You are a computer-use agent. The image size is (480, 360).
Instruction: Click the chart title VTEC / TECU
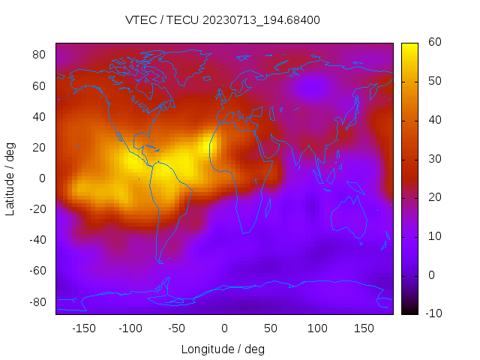click(223, 20)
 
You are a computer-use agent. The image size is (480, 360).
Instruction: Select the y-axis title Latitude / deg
click(10, 178)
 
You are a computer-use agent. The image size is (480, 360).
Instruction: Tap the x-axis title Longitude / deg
click(223, 349)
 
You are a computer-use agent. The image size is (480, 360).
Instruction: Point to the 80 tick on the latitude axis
click(40, 55)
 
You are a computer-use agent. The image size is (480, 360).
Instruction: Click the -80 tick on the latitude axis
click(37, 301)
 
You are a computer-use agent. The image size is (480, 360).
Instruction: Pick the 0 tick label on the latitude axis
click(43, 178)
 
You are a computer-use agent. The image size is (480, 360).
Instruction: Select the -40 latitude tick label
click(37, 240)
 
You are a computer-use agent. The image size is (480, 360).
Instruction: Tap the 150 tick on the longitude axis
click(364, 328)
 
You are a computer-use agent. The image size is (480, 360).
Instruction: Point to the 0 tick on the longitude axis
click(223, 328)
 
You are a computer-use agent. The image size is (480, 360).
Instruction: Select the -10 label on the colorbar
click(434, 313)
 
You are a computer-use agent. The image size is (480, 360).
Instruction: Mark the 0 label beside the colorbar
click(431, 274)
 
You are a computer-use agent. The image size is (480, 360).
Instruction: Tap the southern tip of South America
click(160, 262)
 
